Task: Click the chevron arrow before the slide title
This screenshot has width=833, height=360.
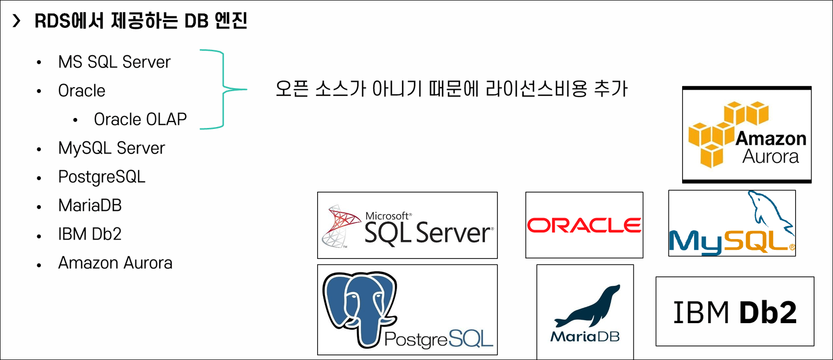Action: (x=17, y=21)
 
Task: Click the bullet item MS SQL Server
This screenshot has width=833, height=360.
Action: (x=114, y=62)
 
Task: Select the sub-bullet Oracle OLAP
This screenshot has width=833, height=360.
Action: (x=140, y=120)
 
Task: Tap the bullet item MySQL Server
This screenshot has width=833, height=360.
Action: (x=111, y=148)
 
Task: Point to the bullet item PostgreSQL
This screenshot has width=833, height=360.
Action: (x=102, y=177)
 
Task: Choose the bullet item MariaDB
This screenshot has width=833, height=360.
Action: (x=90, y=206)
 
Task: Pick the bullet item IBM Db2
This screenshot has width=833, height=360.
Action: (x=90, y=234)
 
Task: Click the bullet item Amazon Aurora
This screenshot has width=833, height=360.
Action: (x=115, y=263)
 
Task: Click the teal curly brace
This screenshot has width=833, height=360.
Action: (x=224, y=90)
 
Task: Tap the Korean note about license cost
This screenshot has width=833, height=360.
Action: (x=451, y=89)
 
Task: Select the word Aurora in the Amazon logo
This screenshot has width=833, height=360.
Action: (x=770, y=157)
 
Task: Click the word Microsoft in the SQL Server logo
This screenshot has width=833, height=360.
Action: (x=387, y=216)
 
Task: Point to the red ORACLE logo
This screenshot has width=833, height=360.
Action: (x=584, y=226)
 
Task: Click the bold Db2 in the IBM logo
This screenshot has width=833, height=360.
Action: (x=767, y=313)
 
